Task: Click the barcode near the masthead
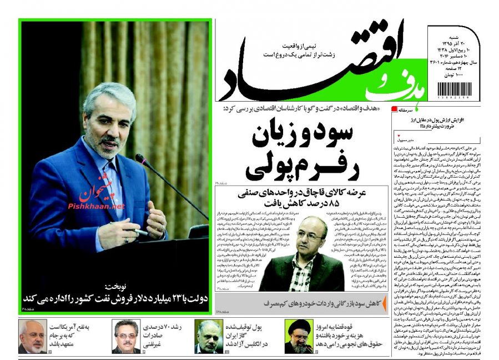[454, 89]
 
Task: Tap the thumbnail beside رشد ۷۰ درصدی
[126, 336]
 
